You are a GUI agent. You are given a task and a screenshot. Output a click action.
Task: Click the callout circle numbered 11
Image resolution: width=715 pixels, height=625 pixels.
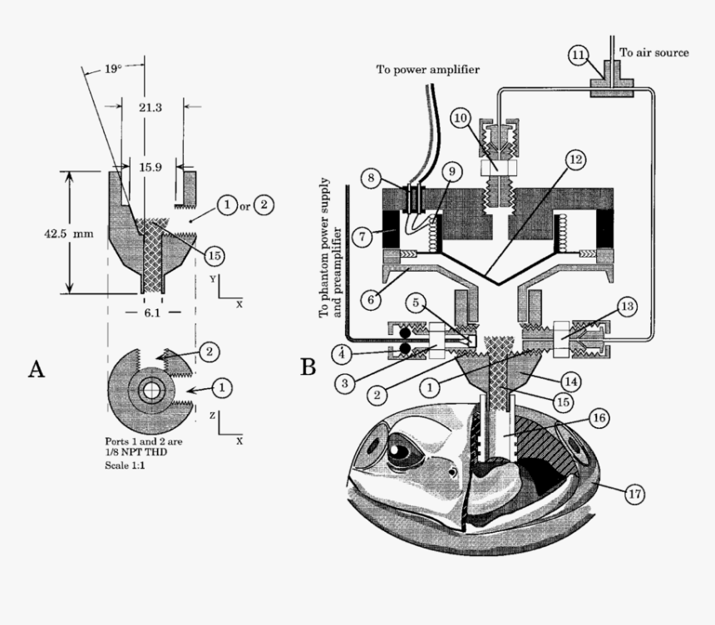579,55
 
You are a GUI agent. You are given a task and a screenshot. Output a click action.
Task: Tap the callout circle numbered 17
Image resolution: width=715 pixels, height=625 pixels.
634,494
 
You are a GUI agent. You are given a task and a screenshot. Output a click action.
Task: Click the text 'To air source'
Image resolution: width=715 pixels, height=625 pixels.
653,52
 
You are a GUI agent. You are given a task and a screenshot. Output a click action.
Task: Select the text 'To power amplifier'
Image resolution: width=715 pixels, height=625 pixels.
427,69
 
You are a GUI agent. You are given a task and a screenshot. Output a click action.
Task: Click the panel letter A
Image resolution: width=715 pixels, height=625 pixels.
36,368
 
